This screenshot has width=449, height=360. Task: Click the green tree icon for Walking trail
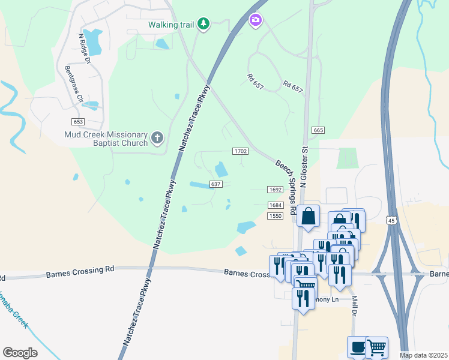pos(204,23)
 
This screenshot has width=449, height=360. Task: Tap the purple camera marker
pos(256,21)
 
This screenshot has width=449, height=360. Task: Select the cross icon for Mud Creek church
pos(157,139)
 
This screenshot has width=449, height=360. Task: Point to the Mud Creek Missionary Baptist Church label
pos(106,139)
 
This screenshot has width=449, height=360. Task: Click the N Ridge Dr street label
pos(84,49)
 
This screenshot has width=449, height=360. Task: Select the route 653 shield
pos(78,122)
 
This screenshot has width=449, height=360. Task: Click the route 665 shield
pos(318,130)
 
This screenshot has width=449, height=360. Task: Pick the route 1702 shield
pos(241,151)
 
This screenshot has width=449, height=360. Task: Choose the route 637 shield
pos(217,184)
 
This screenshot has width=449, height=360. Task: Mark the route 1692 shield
pos(275,190)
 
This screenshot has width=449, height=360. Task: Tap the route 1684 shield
pos(275,205)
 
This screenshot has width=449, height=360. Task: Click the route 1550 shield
pos(275,216)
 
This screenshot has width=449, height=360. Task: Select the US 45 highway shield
pos(391,220)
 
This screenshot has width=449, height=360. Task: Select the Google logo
pos(20,353)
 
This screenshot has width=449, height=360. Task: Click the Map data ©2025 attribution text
pos(423,355)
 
